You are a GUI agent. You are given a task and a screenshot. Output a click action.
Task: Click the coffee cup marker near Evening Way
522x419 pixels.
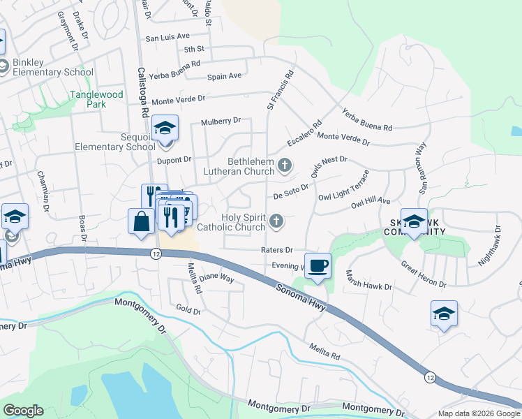point(318,265)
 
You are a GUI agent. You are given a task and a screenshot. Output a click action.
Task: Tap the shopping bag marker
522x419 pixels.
point(141,221)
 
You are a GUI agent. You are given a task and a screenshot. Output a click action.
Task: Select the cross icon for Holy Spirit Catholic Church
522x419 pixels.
point(276,222)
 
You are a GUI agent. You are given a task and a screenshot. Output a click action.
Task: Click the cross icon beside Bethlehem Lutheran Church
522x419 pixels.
point(284,166)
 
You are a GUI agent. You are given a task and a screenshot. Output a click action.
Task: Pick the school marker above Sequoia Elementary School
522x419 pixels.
point(165,128)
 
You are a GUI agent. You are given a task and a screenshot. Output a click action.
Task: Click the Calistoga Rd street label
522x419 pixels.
point(143,91)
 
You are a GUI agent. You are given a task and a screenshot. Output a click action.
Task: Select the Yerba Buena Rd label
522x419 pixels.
point(367,119)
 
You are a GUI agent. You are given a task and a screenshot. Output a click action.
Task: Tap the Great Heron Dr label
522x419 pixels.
point(424,274)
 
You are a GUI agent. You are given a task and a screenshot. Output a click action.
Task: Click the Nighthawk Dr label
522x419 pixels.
point(488,244)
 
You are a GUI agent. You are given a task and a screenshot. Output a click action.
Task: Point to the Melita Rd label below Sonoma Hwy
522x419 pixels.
point(325,351)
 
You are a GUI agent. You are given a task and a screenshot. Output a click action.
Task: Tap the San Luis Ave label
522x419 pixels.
point(167,36)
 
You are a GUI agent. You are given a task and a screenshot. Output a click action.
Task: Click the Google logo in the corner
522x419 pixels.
point(23,411)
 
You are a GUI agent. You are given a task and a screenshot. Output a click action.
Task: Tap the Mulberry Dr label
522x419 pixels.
point(221,121)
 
